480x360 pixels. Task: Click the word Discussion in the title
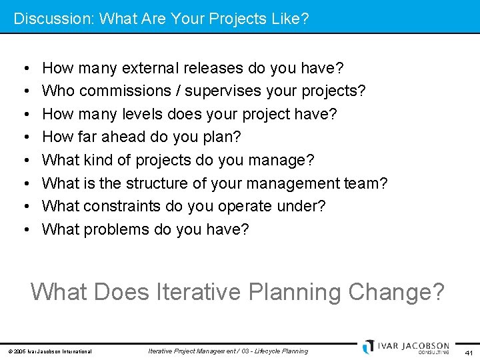(x=52, y=18)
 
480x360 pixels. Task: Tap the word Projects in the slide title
(x=228, y=18)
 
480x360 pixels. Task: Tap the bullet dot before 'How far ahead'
(x=24, y=137)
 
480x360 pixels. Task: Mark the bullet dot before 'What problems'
(x=24, y=230)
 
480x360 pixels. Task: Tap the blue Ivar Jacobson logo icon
(x=369, y=347)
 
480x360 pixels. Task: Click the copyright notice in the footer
(x=50, y=351)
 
